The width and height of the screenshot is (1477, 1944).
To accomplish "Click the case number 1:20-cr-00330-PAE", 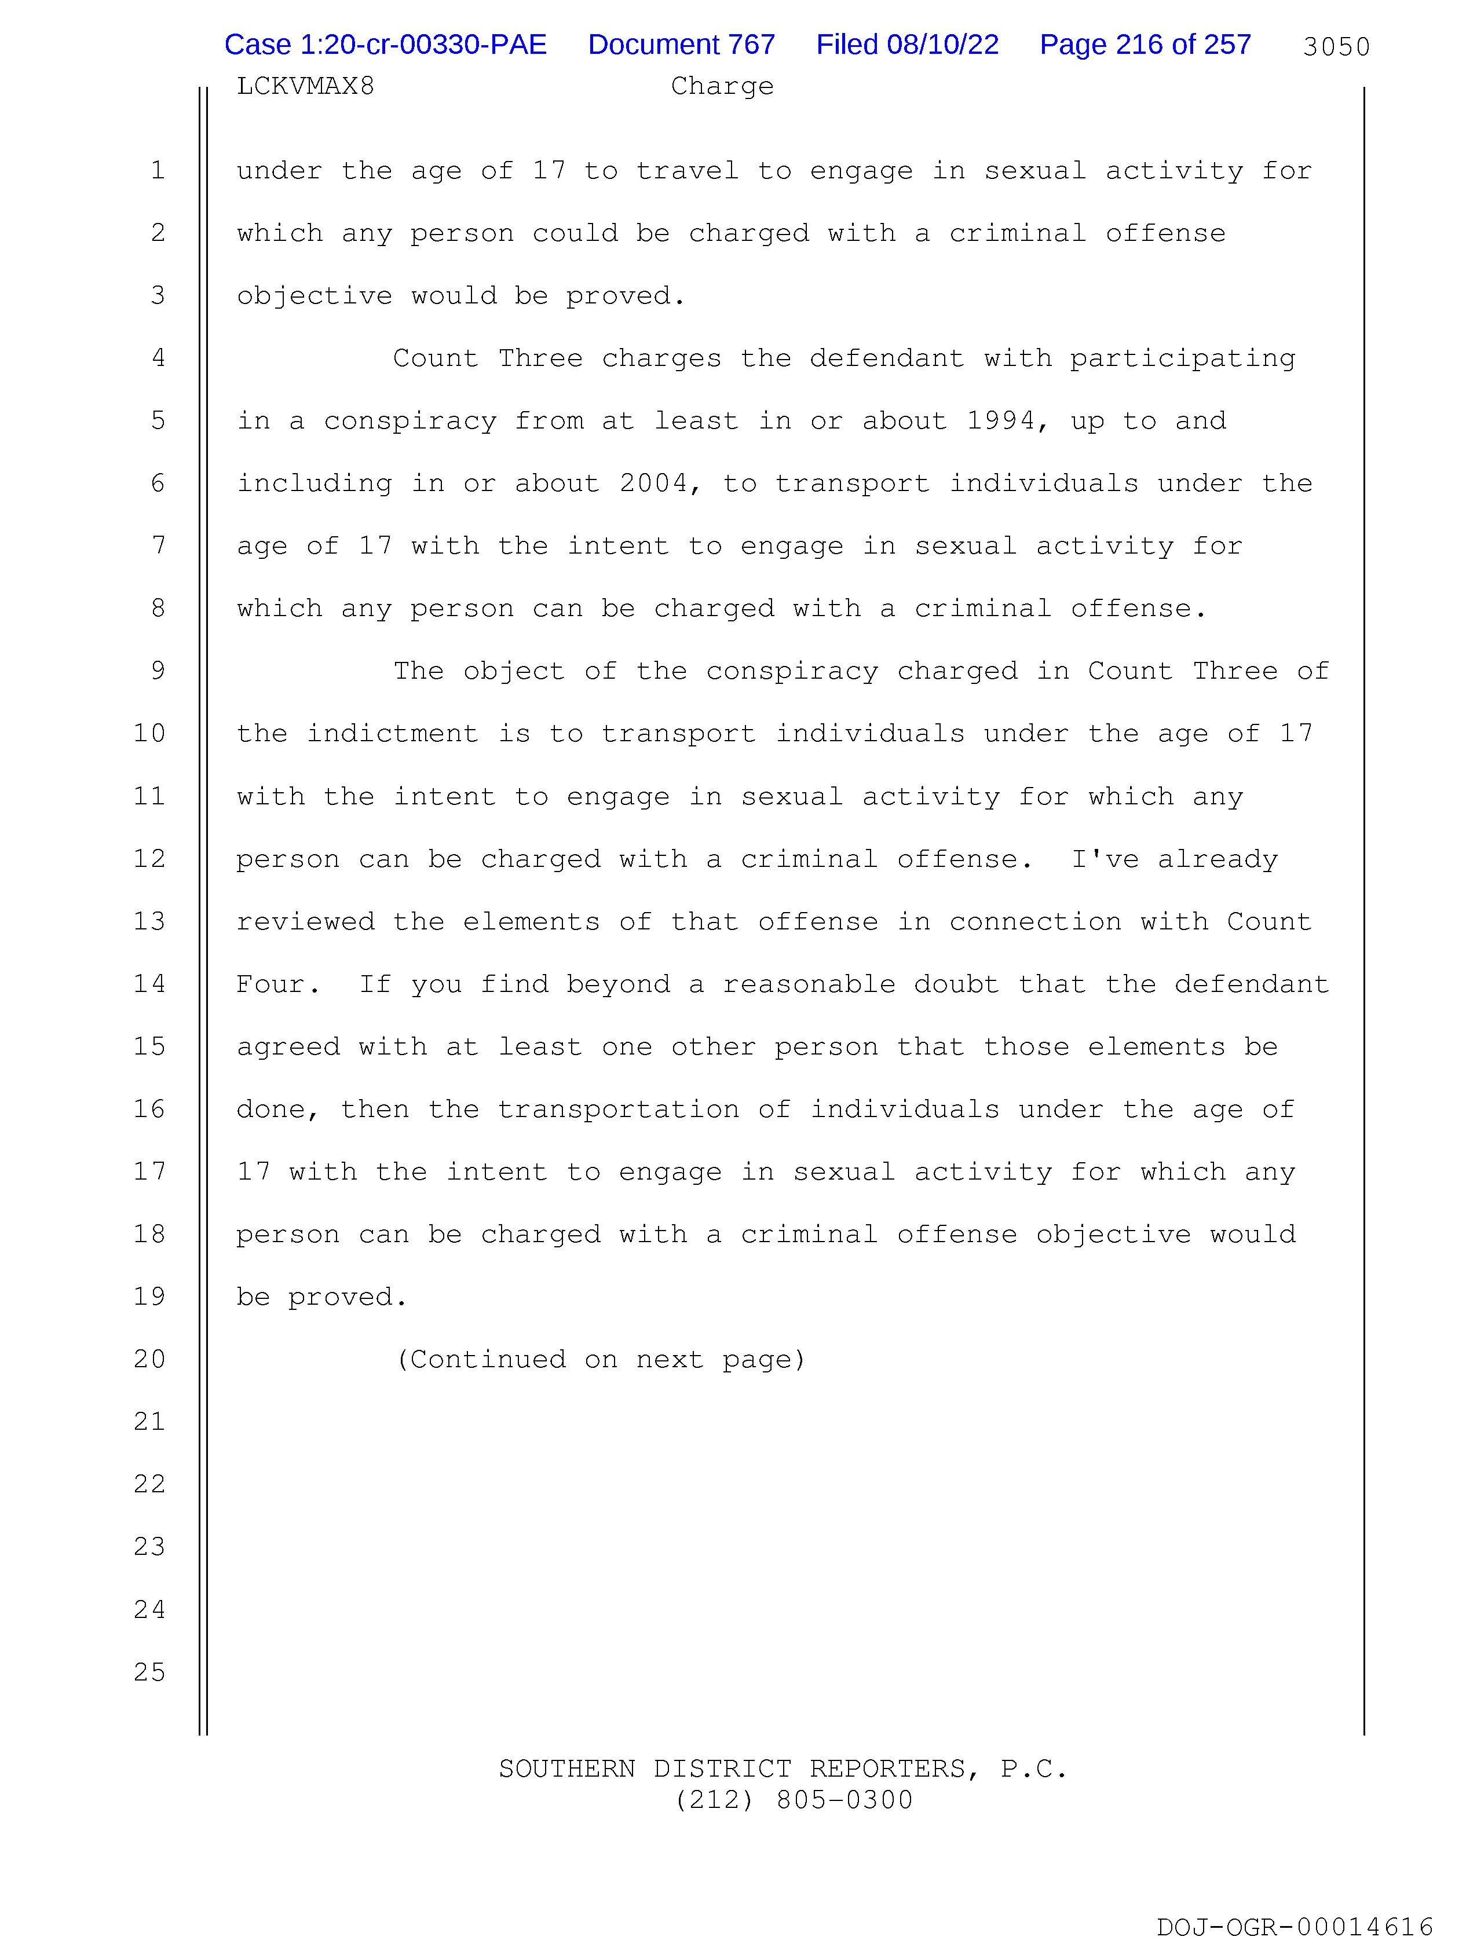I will pyautogui.click(x=385, y=45).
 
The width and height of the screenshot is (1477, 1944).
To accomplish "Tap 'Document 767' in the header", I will pyautogui.click(x=681, y=45).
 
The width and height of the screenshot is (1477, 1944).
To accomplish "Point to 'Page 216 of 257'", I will pyautogui.click(x=1145, y=45).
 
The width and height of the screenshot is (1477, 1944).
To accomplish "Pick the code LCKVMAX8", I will pyautogui.click(x=305, y=86).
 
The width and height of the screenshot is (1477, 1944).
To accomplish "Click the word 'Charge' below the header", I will pyautogui.click(x=722, y=86).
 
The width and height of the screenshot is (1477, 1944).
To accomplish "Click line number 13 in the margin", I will pyautogui.click(x=149, y=921).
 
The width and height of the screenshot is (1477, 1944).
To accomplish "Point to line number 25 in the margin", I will pyautogui.click(x=149, y=1672).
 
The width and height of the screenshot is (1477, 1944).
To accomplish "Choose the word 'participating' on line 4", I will pyautogui.click(x=1182, y=358).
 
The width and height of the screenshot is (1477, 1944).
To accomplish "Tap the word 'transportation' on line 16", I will pyautogui.click(x=618, y=1109).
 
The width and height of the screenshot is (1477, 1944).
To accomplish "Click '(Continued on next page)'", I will pyautogui.click(x=601, y=1360).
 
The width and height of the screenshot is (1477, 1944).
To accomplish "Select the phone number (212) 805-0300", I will pyautogui.click(x=794, y=1800).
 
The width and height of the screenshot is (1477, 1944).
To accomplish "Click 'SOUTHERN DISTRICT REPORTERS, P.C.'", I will pyautogui.click(x=783, y=1768).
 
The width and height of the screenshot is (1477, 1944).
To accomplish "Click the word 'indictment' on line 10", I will pyautogui.click(x=392, y=734).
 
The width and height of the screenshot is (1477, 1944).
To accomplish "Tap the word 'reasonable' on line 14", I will pyautogui.click(x=809, y=984).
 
